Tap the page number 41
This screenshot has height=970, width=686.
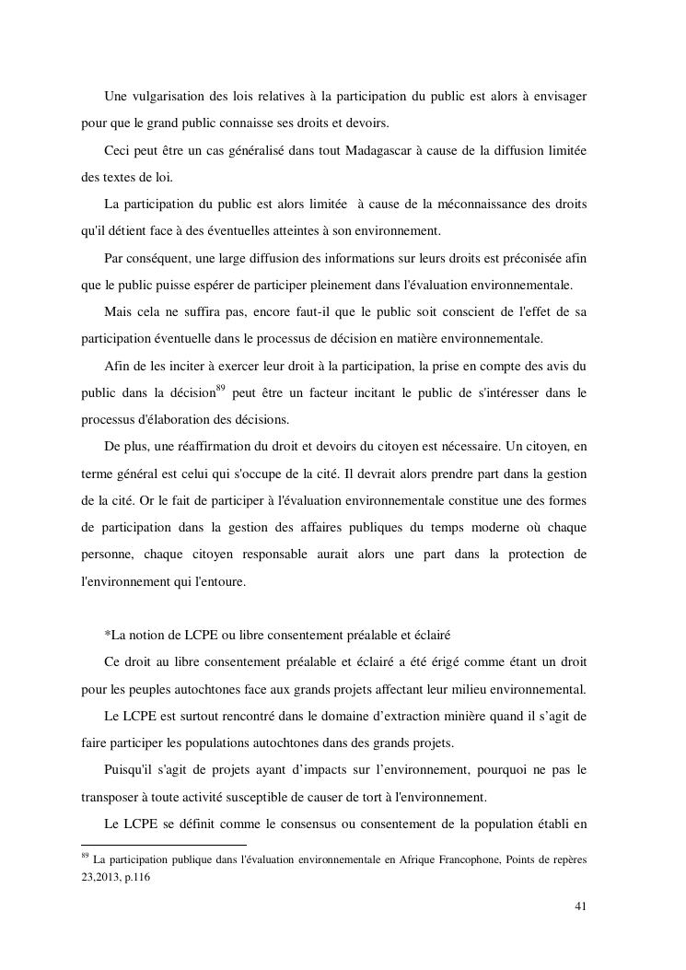pyautogui.click(x=580, y=906)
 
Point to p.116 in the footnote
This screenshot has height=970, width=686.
pyautogui.click(x=137, y=878)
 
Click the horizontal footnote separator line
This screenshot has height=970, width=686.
pyautogui.click(x=164, y=844)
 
